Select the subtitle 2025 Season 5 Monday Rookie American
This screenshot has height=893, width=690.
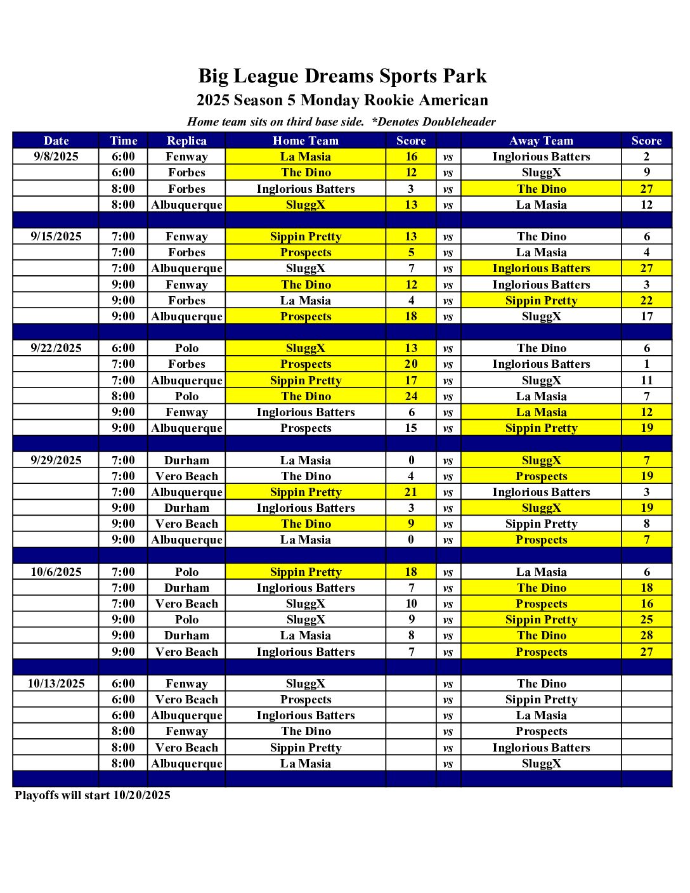342,100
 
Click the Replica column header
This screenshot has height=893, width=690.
186,141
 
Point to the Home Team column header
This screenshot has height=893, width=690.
306,141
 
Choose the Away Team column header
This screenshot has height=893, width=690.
541,141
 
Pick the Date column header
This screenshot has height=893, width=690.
56,141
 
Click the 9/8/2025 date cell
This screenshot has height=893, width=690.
56,157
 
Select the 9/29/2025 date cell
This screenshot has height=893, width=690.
56,460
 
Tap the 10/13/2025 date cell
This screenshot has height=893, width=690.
56,684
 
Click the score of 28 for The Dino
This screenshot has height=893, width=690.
646,636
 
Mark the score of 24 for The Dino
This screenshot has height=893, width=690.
411,396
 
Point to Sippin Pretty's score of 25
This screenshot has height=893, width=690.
646,620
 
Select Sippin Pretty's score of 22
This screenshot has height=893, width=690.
646,301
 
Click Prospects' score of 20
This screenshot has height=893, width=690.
411,364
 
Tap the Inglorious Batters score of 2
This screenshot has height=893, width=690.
646,157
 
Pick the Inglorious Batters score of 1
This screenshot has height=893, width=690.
646,364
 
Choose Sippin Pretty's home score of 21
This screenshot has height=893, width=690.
411,492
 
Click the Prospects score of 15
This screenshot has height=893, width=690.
411,428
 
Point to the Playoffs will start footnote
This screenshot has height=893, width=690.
93,795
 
